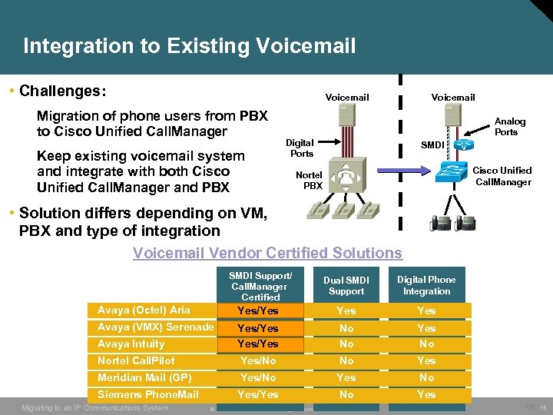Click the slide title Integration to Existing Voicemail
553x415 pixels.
coord(189,46)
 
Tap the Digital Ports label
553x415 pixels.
coord(300,148)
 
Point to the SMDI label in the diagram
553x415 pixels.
coord(430,144)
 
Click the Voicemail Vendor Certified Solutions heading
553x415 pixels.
coord(267,253)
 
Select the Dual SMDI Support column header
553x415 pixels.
coord(346,286)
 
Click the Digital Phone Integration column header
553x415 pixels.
coord(426,286)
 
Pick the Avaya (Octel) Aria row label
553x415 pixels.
coord(144,310)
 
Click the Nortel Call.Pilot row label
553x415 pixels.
coord(136,361)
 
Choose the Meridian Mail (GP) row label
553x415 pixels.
coord(144,378)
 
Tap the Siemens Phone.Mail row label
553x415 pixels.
coord(148,395)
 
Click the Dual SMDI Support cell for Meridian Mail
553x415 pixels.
coord(346,378)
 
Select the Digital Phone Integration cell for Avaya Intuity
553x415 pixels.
coord(426,344)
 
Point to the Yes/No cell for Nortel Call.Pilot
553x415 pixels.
coord(258,361)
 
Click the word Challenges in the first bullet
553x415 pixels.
coord(63,91)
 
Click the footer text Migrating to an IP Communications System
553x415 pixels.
coord(95,407)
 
